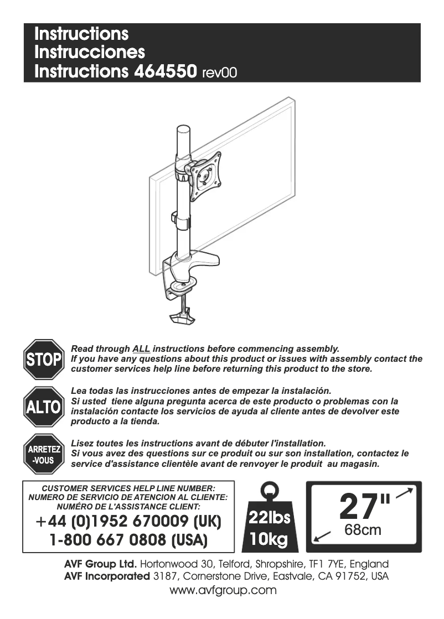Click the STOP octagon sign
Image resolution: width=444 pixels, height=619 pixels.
point(44,359)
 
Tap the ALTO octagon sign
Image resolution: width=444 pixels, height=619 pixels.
point(44,407)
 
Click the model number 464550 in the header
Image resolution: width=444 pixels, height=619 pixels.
point(165,71)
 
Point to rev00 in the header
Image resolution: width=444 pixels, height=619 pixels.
point(220,72)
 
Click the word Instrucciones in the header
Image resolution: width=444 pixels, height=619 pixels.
point(90,53)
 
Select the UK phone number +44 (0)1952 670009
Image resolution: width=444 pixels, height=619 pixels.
point(128,522)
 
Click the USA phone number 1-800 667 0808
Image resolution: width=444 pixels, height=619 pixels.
point(128,539)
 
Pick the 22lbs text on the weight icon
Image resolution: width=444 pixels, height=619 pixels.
point(270,518)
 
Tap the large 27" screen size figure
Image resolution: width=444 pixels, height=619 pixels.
point(364,506)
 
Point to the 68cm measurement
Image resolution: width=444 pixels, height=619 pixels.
point(363,530)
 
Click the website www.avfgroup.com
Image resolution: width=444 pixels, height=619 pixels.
point(223,590)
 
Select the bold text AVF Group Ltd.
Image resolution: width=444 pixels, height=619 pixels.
point(100,565)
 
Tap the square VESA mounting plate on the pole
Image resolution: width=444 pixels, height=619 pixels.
point(205,176)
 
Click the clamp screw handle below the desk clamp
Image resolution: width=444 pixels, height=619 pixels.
point(181,318)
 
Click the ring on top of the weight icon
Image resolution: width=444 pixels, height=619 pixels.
point(270,490)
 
